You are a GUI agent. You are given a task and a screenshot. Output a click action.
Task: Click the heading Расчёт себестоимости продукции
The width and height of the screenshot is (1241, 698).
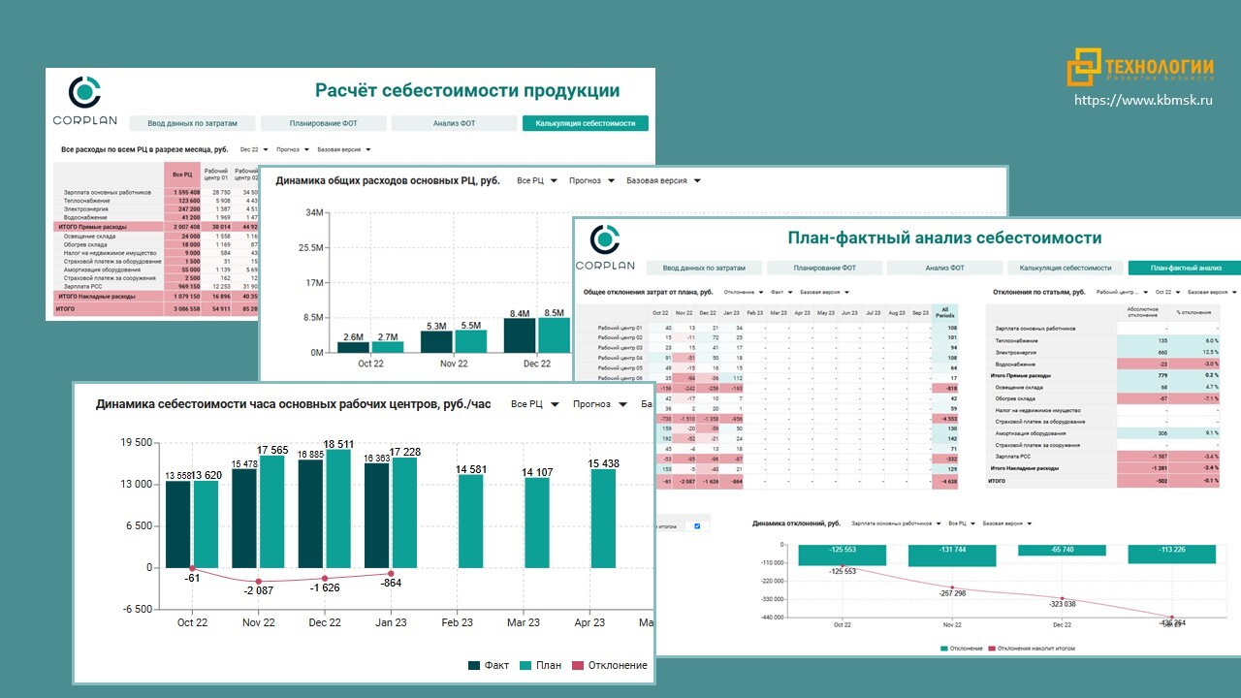[x=467, y=90]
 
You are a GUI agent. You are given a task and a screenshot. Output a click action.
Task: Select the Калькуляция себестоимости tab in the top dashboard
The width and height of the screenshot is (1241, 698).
[x=585, y=123]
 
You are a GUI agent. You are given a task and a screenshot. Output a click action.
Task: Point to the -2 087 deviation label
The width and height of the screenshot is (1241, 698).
[x=259, y=590]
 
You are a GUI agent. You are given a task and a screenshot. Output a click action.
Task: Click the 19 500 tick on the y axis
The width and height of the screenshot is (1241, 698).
[x=135, y=443]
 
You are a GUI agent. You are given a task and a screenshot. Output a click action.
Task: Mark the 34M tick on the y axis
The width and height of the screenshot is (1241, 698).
[x=314, y=213]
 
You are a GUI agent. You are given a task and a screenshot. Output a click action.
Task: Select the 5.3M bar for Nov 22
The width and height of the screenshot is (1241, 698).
[x=437, y=341]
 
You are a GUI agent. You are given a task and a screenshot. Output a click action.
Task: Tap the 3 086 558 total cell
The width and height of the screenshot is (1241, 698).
[x=179, y=308]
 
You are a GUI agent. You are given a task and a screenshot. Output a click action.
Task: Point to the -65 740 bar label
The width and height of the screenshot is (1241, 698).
[x=1063, y=550]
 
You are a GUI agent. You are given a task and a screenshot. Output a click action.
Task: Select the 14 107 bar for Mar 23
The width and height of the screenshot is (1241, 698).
[x=537, y=523]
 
